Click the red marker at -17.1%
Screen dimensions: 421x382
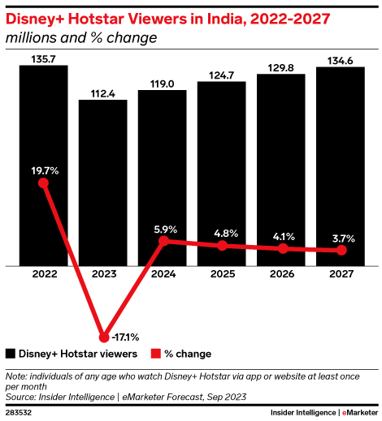[103, 337]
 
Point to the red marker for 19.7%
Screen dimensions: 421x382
[44, 183]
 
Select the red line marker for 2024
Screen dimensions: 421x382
[163, 241]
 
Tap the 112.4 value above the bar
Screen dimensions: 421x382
[103, 92]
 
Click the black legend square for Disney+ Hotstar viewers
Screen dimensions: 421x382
[11, 354]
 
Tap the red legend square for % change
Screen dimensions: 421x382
[156, 354]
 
